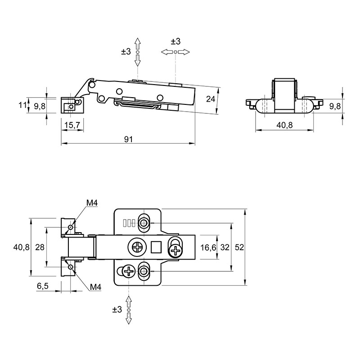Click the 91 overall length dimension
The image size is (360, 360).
pyautogui.click(x=128, y=139)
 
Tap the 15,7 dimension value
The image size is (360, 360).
pyautogui.click(x=72, y=125)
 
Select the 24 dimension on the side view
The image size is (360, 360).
pyautogui.click(x=211, y=99)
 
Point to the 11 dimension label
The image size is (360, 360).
pyautogui.click(x=22, y=105)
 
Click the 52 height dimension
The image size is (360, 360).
pyautogui.click(x=239, y=247)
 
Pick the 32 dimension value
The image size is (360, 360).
pyautogui.click(x=225, y=247)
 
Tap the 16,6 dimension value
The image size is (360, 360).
pyautogui.click(x=208, y=247)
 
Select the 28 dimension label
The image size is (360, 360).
pyautogui.click(x=40, y=247)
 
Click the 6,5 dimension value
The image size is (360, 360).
pyautogui.click(x=43, y=286)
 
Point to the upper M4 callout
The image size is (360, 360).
pyautogui.click(x=92, y=203)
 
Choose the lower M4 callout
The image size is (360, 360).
pyautogui.click(x=95, y=287)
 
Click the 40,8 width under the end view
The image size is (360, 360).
pyautogui.click(x=284, y=125)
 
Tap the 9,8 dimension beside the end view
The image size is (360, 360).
pyautogui.click(x=335, y=106)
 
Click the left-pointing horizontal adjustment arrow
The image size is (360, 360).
pyautogui.click(x=167, y=52)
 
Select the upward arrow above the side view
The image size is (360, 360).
pyautogui.click(x=138, y=44)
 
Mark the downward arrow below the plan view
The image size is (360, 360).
pyautogui.click(x=129, y=318)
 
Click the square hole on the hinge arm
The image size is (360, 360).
pyautogui.click(x=156, y=247)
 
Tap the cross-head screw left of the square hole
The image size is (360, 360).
pyautogui.click(x=137, y=247)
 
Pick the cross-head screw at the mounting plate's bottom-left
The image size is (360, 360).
pyautogui.click(x=129, y=272)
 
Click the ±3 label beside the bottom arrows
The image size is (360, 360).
pyautogui.click(x=117, y=310)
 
